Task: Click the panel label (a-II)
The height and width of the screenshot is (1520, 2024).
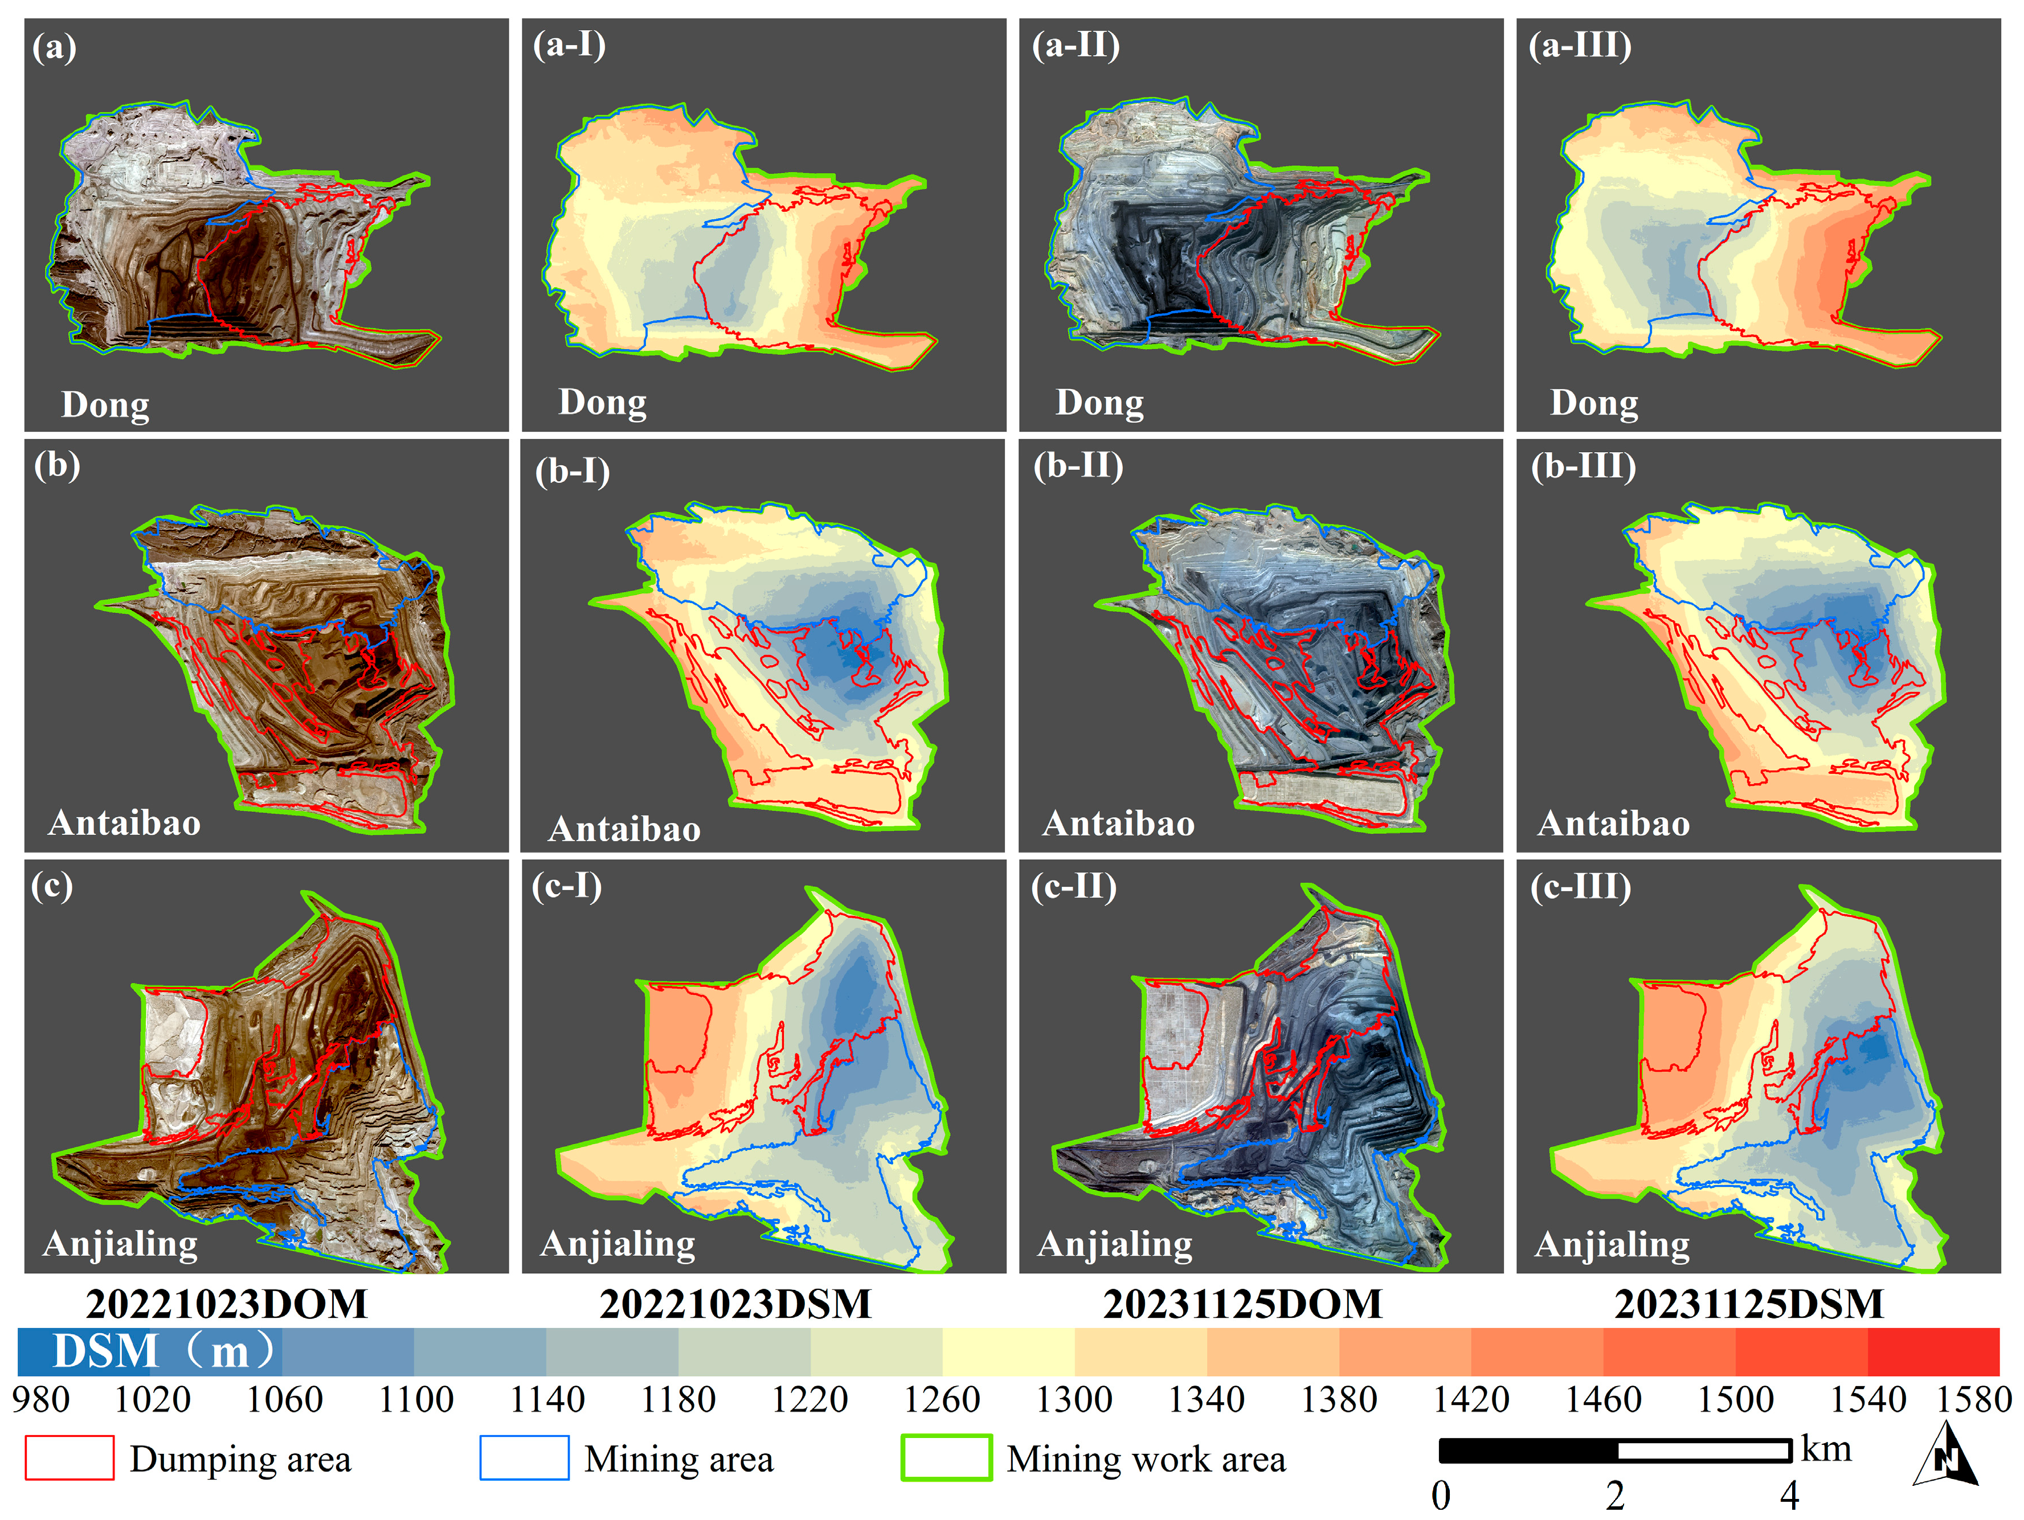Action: point(1075,45)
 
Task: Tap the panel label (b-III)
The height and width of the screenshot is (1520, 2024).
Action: point(1583,466)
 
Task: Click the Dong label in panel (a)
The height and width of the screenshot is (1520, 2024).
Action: point(105,404)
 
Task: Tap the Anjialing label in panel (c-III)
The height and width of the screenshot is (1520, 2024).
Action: point(1612,1245)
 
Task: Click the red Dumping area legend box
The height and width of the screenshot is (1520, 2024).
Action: point(69,1458)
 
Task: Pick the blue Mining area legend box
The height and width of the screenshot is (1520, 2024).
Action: point(524,1458)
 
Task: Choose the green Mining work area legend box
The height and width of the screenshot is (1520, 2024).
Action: point(946,1458)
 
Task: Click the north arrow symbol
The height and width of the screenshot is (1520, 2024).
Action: point(1945,1456)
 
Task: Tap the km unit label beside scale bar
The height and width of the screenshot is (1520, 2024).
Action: point(1825,1449)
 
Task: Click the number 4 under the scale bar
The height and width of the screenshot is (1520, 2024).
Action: point(1789,1496)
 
